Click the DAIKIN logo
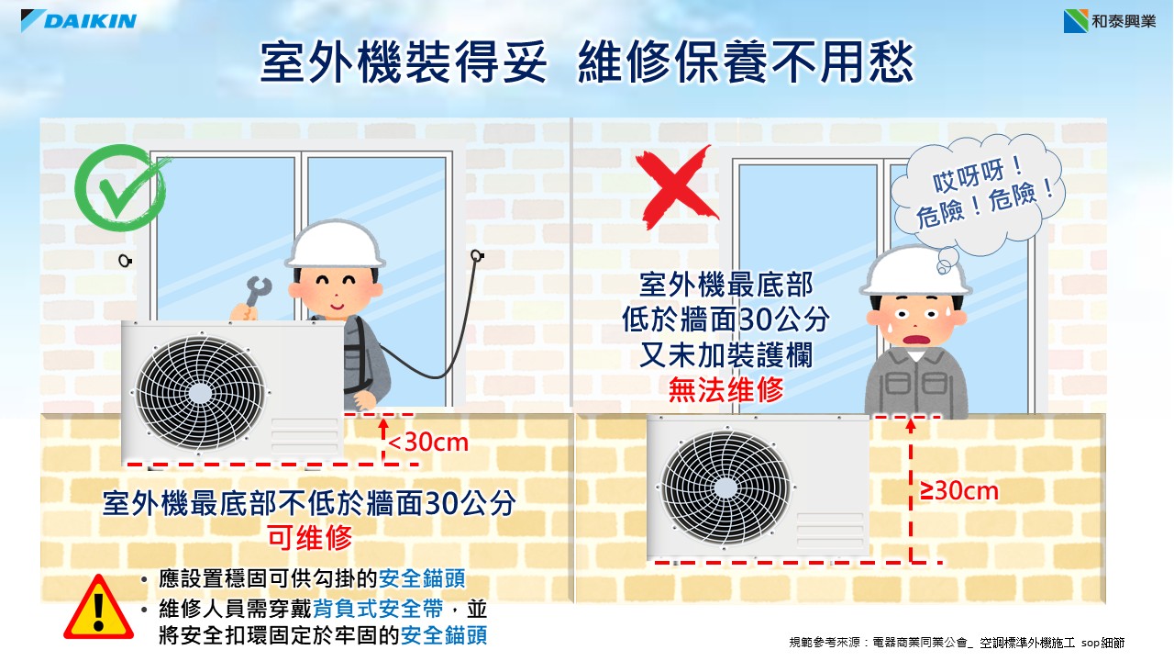pos(79,20)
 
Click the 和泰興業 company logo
pos(1110,21)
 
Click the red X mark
pos(676,186)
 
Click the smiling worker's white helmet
pos(336,244)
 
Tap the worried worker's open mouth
pos(916,340)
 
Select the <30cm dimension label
pos(427,443)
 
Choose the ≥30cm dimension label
pos(959,491)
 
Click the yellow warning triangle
pos(98,608)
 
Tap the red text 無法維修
pos(725,390)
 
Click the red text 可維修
pos(310,538)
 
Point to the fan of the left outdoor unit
pos(201,393)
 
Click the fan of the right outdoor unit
pos(725,487)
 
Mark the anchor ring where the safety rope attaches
pos(477,256)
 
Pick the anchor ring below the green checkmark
pos(125,260)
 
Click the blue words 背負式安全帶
pos(378,609)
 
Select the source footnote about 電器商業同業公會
pos(957,642)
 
